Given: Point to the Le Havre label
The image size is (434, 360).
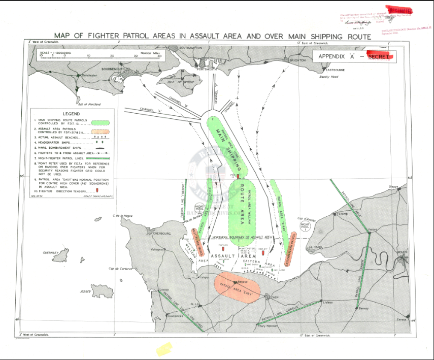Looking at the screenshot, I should pyautogui.click(x=316, y=247).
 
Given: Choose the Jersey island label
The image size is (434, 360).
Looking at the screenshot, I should pyautogui.click(x=85, y=291).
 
